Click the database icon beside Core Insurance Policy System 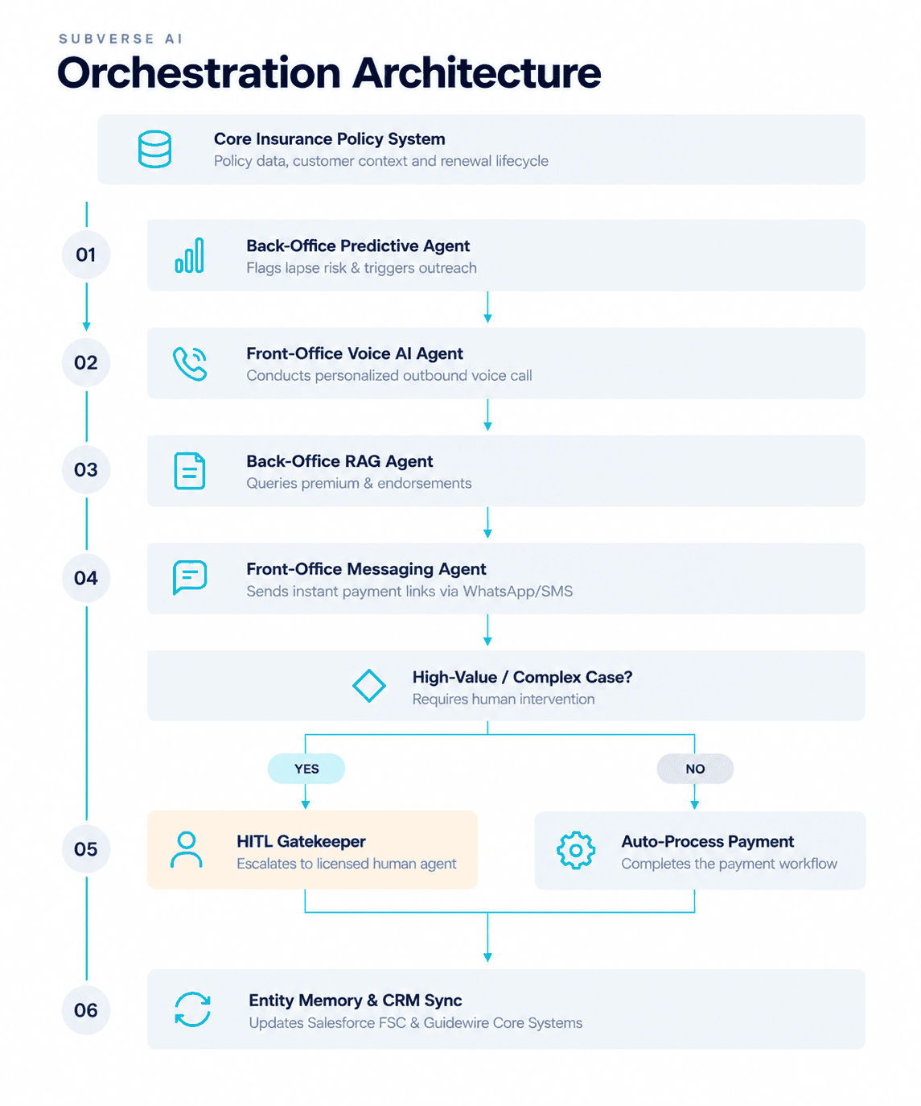154,149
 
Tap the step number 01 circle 86,254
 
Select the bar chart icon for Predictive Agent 189,255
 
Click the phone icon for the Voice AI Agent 190,363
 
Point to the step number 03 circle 86,469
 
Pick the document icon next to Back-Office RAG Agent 190,470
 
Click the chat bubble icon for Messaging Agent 190,577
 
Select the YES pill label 306,768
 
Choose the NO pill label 695,768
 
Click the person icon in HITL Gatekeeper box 187,849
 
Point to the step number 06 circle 86,1009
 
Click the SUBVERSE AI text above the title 121,39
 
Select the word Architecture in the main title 476,72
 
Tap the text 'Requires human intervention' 504,699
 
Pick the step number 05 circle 86,848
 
